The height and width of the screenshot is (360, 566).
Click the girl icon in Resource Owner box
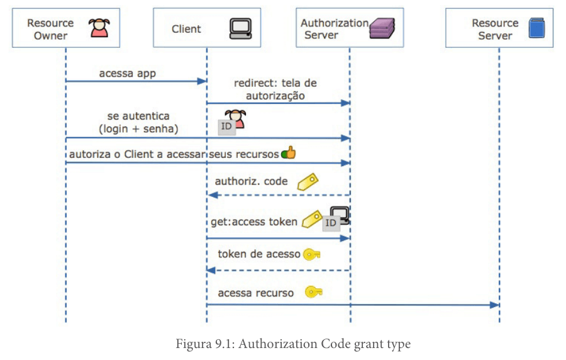99,28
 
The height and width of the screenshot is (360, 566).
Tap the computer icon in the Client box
240,28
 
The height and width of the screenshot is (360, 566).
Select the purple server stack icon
382,28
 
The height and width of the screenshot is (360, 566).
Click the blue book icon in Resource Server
537,28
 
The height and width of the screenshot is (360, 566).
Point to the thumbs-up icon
289,153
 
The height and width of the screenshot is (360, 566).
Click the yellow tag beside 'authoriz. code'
308,182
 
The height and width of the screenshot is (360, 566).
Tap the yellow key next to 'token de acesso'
311,254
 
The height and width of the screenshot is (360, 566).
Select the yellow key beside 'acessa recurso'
313,292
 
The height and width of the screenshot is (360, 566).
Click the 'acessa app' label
128,73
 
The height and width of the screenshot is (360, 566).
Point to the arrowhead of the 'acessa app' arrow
202,81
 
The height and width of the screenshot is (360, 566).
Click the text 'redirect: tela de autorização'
275,89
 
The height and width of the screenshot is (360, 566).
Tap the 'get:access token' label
254,222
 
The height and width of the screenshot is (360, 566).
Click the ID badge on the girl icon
226,127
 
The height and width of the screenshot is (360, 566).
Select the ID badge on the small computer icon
331,223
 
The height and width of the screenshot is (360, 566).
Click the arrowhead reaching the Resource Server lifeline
494,305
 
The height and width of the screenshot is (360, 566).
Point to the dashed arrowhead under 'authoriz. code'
213,195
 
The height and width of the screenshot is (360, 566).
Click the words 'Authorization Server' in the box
335,29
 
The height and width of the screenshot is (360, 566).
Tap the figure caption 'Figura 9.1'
205,344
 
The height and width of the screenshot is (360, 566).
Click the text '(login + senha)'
138,129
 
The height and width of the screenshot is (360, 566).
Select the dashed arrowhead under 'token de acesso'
211,271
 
